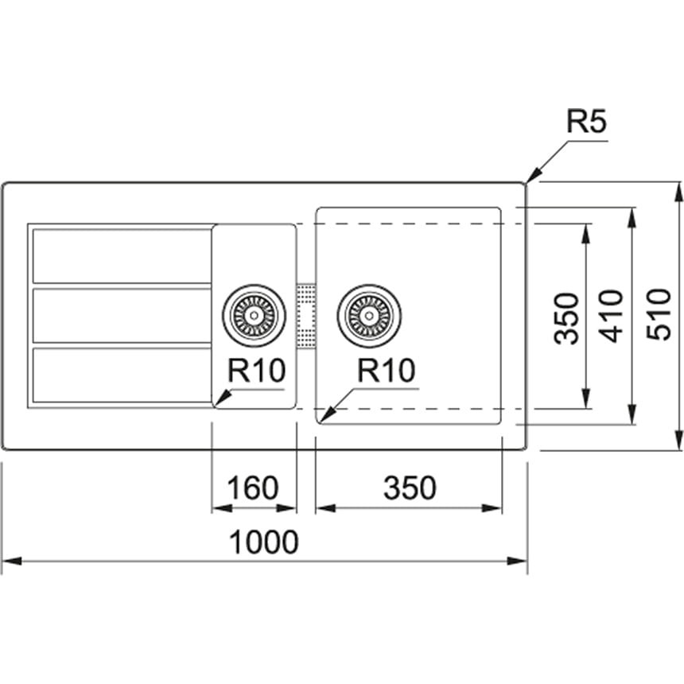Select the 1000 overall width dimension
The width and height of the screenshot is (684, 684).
[263, 542]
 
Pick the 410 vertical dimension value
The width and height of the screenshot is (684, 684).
[612, 316]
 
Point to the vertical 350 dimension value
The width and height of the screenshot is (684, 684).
[566, 318]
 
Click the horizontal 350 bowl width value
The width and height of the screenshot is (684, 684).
[410, 488]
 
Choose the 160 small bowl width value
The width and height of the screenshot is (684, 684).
[253, 488]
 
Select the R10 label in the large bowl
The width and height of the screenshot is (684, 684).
[386, 371]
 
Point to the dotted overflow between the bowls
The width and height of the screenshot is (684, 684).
[305, 315]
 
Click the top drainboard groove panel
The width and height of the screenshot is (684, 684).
[122, 255]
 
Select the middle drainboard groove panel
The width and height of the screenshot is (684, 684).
[122, 316]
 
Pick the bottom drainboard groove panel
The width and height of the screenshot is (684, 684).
[122, 374]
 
